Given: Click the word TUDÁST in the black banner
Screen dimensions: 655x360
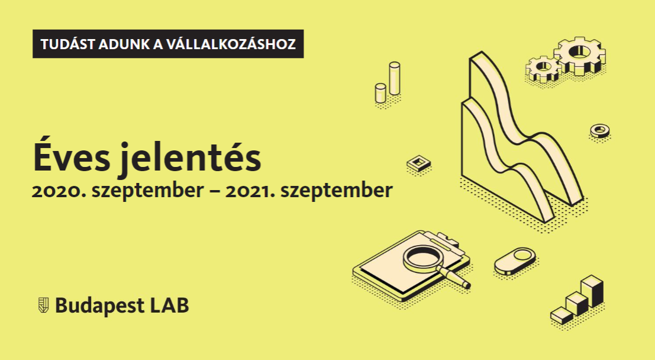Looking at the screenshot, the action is (67, 44).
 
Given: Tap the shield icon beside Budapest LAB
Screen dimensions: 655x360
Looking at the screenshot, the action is (43, 305).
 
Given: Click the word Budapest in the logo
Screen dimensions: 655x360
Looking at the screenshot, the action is (100, 306).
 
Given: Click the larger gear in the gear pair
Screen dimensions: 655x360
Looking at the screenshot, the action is (580, 56).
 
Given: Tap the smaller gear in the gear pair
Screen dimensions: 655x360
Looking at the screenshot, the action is (543, 69).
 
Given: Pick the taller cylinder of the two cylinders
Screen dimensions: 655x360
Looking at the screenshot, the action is (394, 78).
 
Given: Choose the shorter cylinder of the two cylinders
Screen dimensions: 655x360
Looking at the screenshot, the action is (380, 93).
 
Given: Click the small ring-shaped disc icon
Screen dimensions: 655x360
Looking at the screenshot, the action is (600, 131).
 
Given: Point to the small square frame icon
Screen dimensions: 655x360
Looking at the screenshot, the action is (418, 163).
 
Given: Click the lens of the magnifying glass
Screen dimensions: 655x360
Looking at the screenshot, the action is (422, 257).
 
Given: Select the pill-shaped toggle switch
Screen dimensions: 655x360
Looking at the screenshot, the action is (515, 261).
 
